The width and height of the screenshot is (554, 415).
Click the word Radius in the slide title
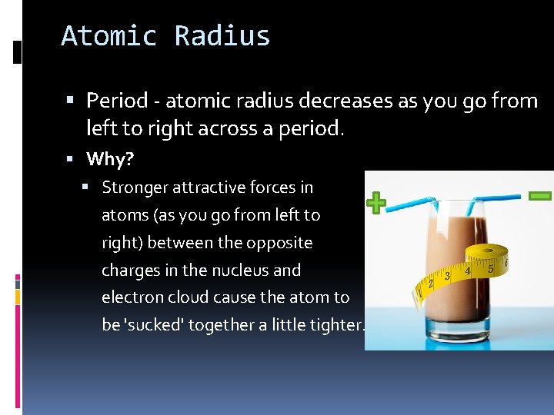(x=222, y=36)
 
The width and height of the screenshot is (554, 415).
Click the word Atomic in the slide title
(x=108, y=36)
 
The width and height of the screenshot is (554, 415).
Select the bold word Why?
(x=110, y=159)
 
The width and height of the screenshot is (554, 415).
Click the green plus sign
(x=375, y=204)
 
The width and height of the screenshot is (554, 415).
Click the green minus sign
(x=540, y=195)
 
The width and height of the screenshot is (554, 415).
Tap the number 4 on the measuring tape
(x=467, y=271)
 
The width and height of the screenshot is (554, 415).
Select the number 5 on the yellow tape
(x=491, y=268)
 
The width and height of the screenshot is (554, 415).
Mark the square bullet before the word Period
(x=71, y=101)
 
